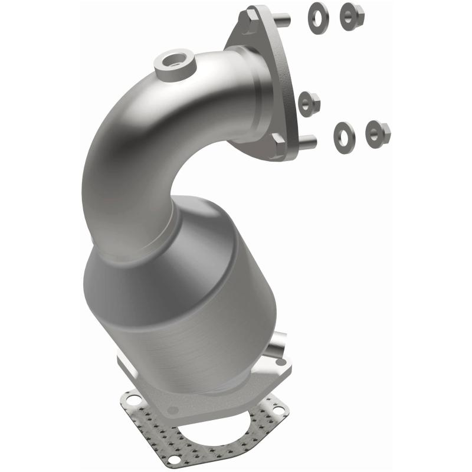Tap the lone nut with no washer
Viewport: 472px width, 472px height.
point(309,104)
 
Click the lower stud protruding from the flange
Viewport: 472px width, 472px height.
point(307,142)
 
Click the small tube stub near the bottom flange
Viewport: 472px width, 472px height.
point(276,345)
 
